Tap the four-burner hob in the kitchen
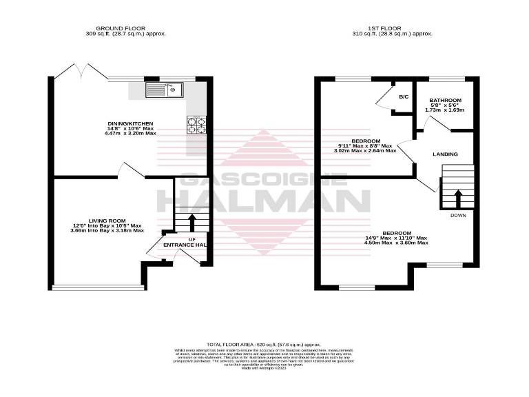click(x=196, y=125)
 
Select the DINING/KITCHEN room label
click(x=130, y=123)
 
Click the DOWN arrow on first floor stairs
click(x=457, y=198)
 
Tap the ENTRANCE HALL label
click(x=184, y=245)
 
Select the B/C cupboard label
click(x=403, y=96)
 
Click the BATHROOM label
click(x=444, y=100)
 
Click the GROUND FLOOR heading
click(x=125, y=28)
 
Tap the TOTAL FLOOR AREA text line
click(x=264, y=343)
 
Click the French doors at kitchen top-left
click(x=72, y=72)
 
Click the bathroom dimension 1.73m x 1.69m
click(x=444, y=110)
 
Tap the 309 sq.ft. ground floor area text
click(x=125, y=34)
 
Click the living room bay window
click(x=99, y=287)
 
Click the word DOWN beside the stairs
click(x=457, y=216)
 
